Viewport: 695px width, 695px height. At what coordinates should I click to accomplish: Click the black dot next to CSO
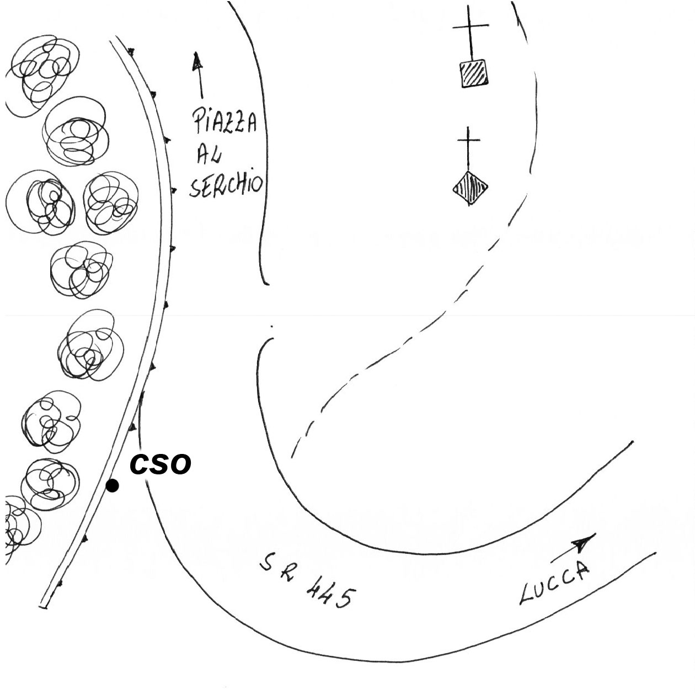(x=112, y=486)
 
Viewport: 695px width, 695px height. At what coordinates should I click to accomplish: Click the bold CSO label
(x=160, y=464)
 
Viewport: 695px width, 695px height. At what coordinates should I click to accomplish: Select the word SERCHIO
(x=226, y=185)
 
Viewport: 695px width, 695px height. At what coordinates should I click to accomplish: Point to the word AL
(x=209, y=155)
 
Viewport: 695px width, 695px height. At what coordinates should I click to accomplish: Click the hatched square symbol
(x=474, y=73)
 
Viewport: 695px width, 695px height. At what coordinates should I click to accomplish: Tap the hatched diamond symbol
(x=470, y=188)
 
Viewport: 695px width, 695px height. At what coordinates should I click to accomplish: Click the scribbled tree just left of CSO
(x=50, y=483)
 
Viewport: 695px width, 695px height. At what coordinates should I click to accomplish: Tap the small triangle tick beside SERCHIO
(x=174, y=191)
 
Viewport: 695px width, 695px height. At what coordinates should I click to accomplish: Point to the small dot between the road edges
(x=272, y=327)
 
